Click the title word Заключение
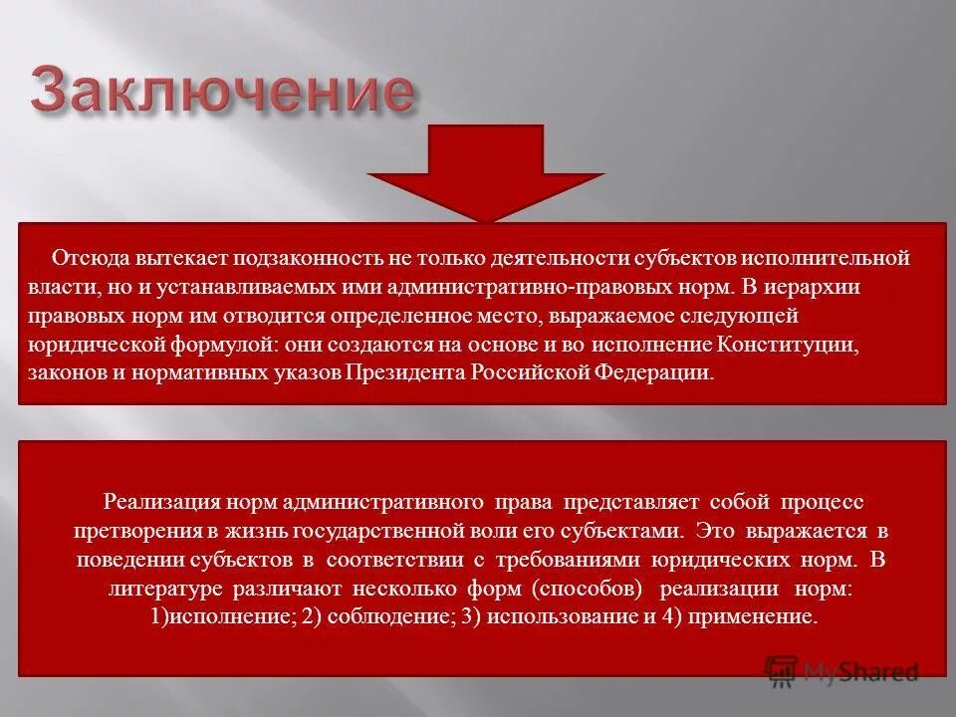pos(221,93)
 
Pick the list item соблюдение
pos(390,617)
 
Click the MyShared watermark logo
pos(841,672)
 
